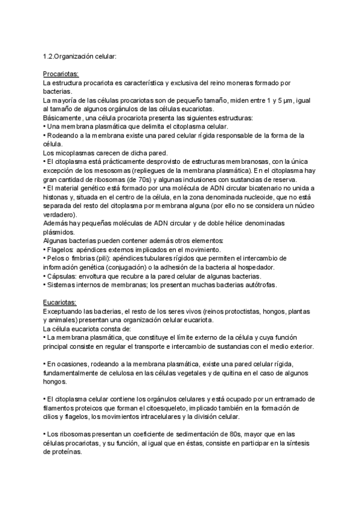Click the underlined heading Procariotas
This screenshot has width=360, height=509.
pos(61,73)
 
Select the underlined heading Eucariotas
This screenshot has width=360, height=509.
pos(59,303)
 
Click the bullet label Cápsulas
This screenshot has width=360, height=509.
pos(62,276)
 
